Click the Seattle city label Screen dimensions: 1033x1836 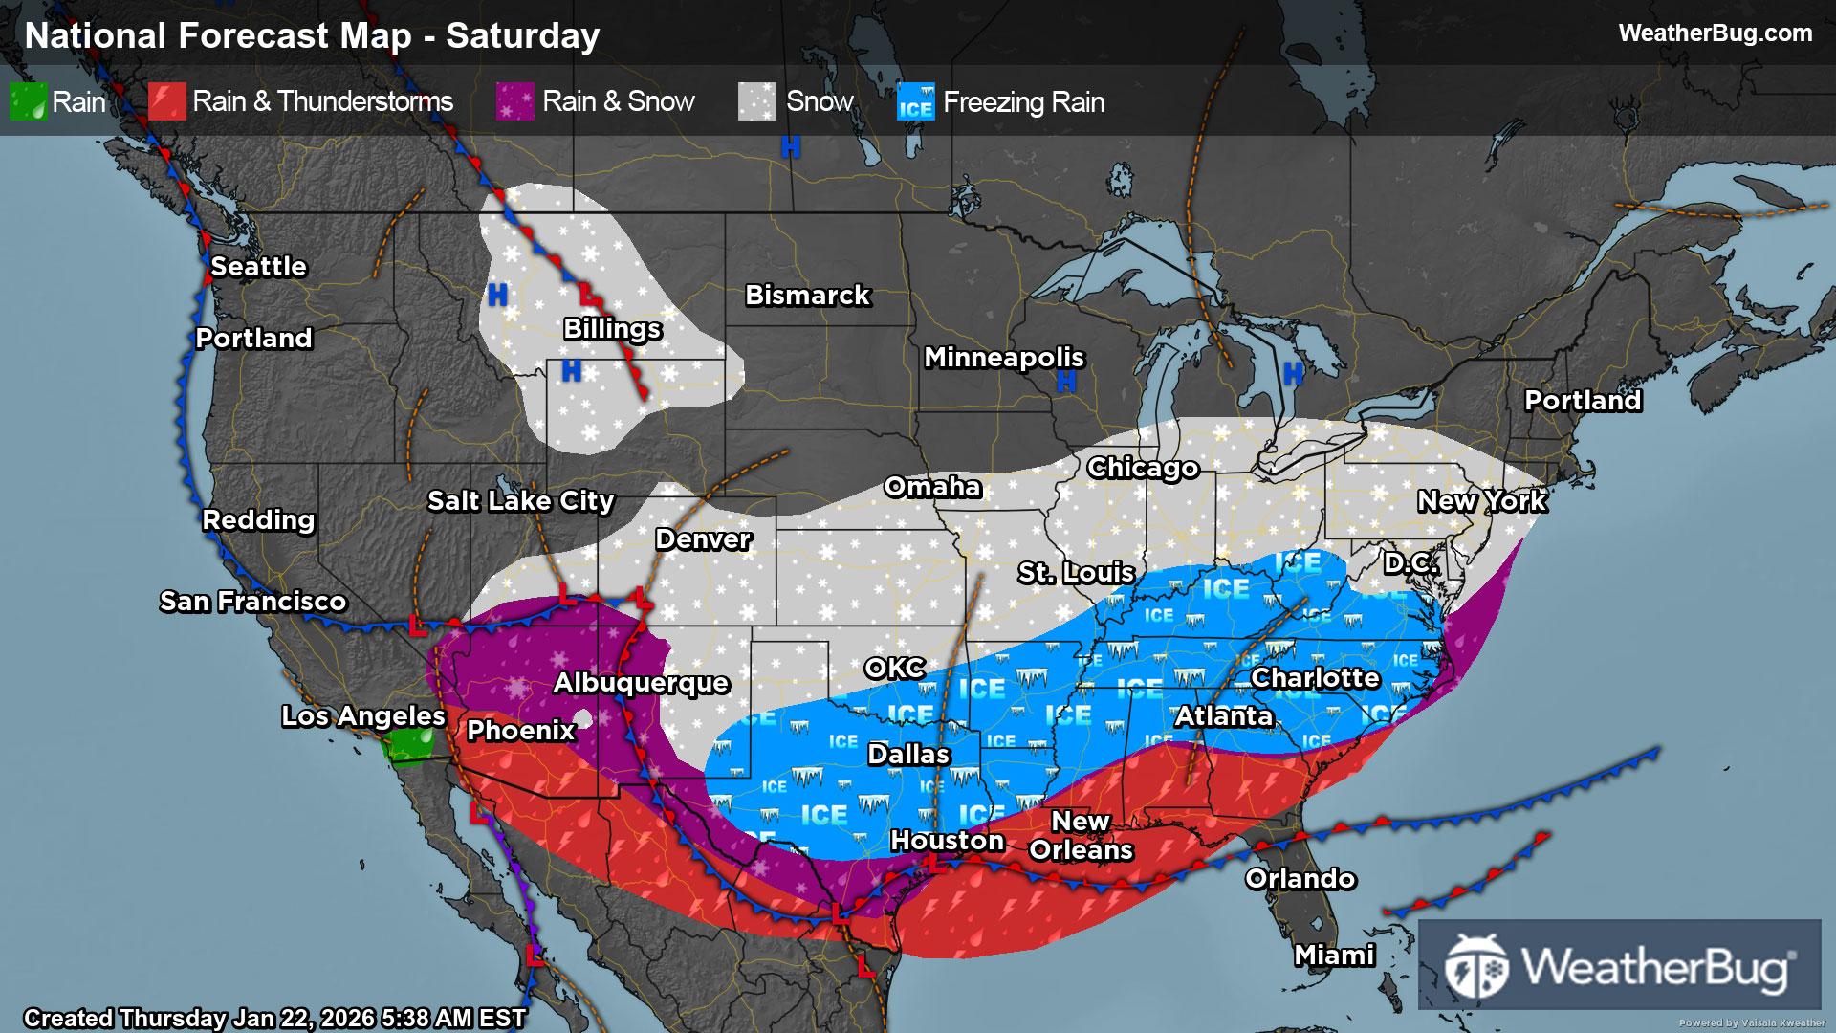[258, 267]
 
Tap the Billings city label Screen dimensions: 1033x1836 [612, 329]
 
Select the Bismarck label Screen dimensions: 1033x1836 [807, 296]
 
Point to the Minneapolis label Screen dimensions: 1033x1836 [1003, 358]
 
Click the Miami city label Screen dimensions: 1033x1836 [1334, 955]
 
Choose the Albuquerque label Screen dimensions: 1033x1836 [641, 683]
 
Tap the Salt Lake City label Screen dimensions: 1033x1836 [520, 501]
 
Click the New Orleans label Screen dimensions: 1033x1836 [1081, 836]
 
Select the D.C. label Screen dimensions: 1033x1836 [1410, 563]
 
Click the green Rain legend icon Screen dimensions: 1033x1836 [28, 101]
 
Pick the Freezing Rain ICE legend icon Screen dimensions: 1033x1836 [915, 102]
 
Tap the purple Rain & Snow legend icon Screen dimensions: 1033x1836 [515, 101]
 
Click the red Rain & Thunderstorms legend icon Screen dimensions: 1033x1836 [167, 101]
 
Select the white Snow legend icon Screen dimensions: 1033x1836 [757, 101]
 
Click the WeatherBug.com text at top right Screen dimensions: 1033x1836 [1715, 33]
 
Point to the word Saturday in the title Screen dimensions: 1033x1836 [523, 36]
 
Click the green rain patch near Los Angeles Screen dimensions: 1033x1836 [409, 745]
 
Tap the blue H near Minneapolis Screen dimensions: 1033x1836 [1066, 382]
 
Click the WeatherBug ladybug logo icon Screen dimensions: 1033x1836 [1476, 966]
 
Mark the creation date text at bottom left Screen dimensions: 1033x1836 [274, 1018]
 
